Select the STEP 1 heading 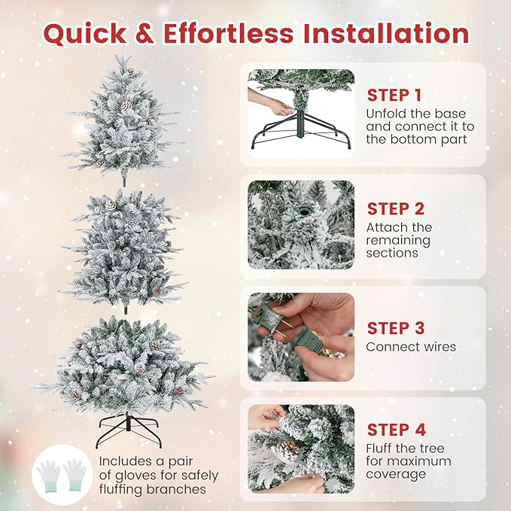pyautogui.click(x=395, y=96)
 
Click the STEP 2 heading pyautogui.click(x=397, y=208)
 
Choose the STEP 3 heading pyautogui.click(x=397, y=328)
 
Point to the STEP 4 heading pyautogui.click(x=397, y=430)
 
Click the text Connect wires pyautogui.click(x=411, y=347)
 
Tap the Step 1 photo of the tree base pyautogui.click(x=301, y=112)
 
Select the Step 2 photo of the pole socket pyautogui.click(x=301, y=224)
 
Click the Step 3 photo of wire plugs pyautogui.click(x=301, y=336)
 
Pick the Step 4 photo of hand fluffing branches pyautogui.click(x=301, y=448)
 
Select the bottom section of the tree pyautogui.click(x=124, y=361)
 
